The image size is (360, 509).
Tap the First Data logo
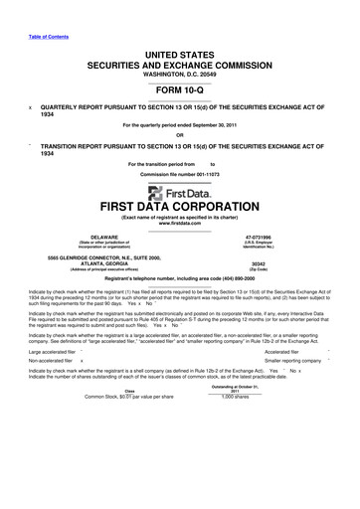179,193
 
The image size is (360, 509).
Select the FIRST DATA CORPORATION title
179,212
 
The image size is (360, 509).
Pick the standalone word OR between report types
179,136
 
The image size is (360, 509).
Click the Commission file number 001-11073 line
179,175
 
